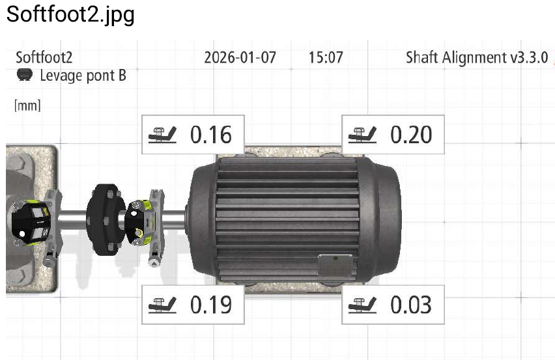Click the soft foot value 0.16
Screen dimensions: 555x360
[x=211, y=135]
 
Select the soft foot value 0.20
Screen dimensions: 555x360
[x=411, y=135]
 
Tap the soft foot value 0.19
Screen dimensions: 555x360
[x=211, y=305]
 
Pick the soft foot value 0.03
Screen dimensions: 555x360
[x=411, y=305]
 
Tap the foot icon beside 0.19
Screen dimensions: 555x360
[x=162, y=305]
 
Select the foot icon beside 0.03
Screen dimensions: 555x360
[x=362, y=305]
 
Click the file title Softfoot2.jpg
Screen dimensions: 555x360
[x=70, y=15]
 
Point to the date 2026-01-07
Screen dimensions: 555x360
[x=240, y=58]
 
